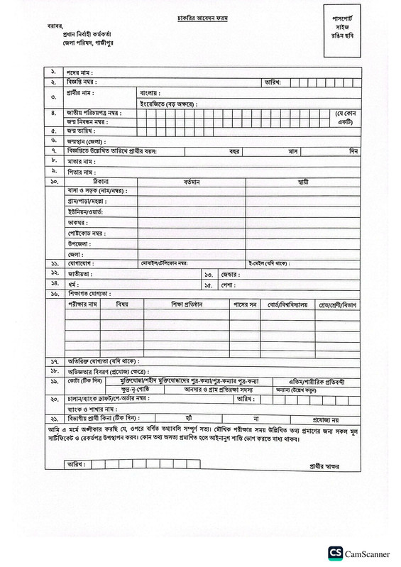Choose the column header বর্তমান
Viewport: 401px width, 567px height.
tap(192, 182)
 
